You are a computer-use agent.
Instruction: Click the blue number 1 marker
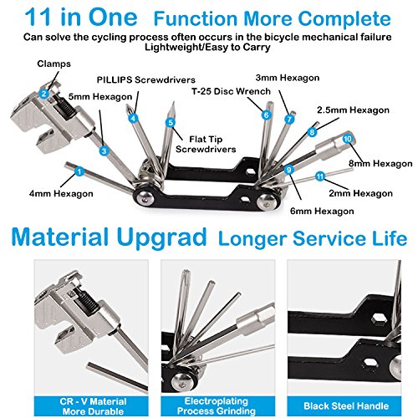[x=79, y=171]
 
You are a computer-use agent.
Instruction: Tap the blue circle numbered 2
[x=43, y=94]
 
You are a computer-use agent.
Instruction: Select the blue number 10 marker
[x=348, y=139]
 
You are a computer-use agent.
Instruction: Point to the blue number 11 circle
[x=320, y=176]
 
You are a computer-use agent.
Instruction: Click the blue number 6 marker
[x=266, y=115]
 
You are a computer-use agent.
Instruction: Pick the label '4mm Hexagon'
[x=61, y=193]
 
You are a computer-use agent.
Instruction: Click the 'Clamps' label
[x=54, y=64]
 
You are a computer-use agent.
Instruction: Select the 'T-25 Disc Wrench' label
[x=231, y=91]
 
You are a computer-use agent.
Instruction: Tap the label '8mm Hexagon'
[x=380, y=163]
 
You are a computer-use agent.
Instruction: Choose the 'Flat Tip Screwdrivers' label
[x=206, y=144]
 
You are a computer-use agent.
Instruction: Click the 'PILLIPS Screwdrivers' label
[x=146, y=80]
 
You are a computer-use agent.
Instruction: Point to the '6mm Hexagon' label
[x=322, y=211]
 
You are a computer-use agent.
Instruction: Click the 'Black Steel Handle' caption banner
[x=346, y=406]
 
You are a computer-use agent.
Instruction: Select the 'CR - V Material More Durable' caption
[x=93, y=406]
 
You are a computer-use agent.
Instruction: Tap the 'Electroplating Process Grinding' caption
[x=217, y=406]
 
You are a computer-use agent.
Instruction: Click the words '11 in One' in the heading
[x=81, y=18]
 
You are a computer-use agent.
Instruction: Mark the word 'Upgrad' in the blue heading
[x=161, y=237]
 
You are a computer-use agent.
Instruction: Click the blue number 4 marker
[x=133, y=118]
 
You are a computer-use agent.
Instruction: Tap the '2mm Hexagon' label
[x=361, y=193]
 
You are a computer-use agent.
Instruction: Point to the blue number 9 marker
[x=289, y=170]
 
